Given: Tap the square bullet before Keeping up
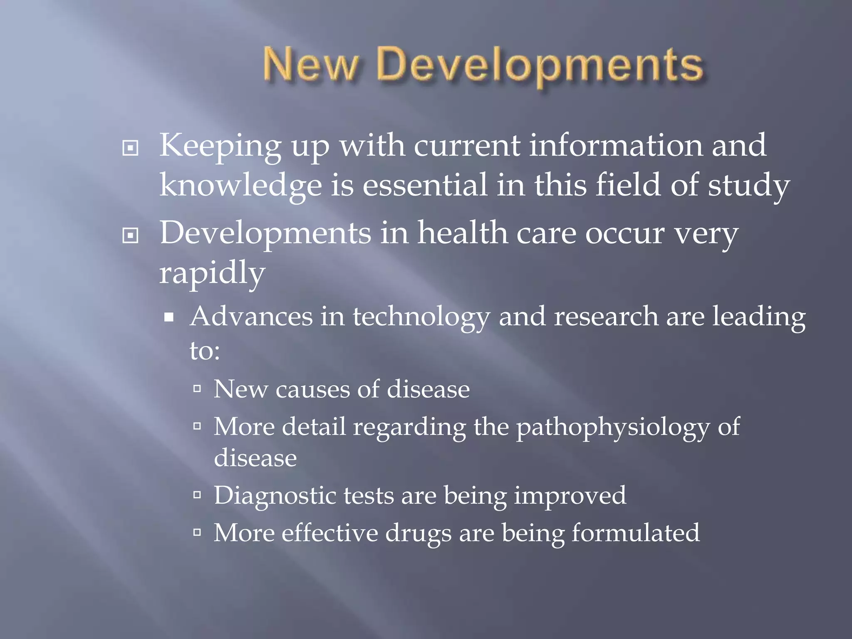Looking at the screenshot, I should tap(130, 148).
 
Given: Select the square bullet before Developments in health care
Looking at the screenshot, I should tap(130, 236).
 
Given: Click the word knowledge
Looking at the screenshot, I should tap(240, 186).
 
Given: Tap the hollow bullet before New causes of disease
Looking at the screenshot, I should tap(197, 389).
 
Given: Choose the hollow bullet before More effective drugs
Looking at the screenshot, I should tap(197, 532).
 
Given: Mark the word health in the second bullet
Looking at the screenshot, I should tap(462, 233).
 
